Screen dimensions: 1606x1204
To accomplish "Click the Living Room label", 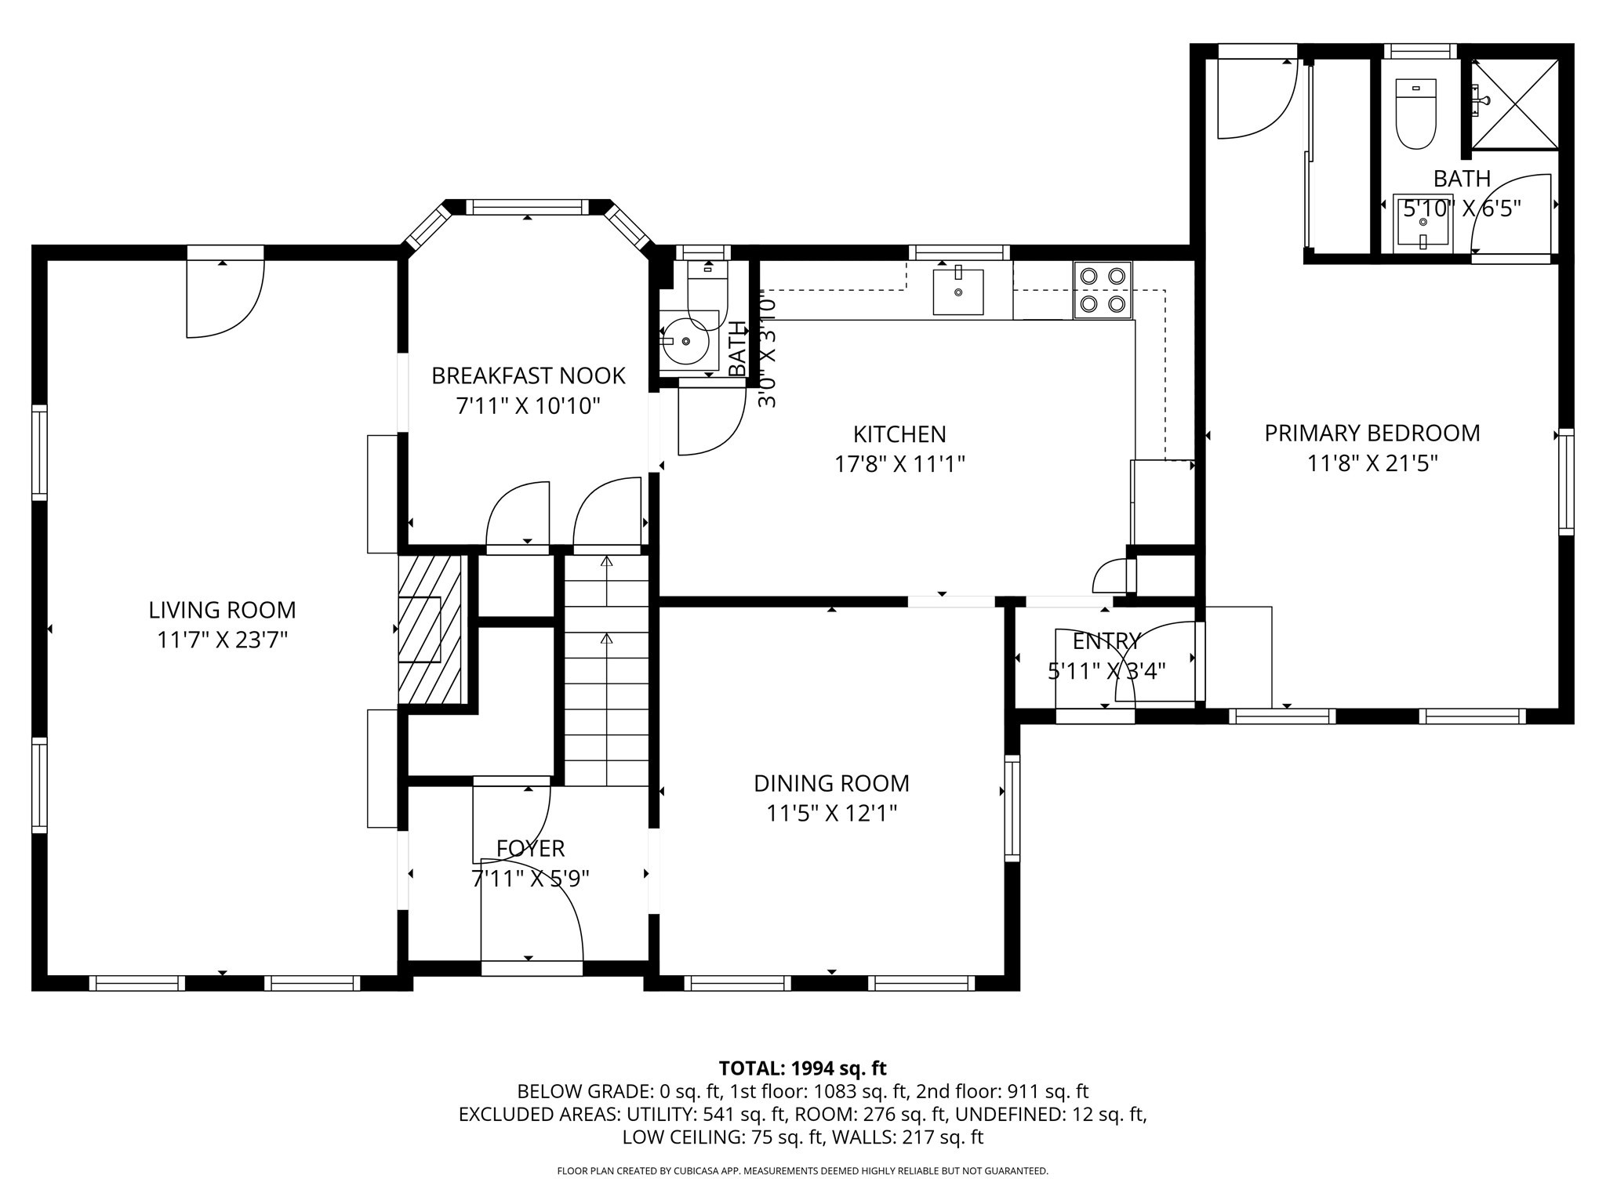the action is pos(223,610).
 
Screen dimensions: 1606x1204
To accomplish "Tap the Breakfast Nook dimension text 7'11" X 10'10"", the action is pos(529,406).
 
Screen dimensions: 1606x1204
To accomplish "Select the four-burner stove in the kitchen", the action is pos(1103,290).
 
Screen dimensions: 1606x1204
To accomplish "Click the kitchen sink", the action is pos(958,292).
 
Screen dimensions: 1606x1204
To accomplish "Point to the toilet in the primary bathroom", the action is pos(1416,114).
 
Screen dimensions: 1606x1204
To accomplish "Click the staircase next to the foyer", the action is pos(606,670).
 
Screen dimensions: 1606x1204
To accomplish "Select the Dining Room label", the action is pos(831,783).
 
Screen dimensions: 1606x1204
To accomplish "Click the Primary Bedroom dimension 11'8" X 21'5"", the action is pos(1372,463).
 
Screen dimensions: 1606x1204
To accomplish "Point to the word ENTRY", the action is pos(1106,641).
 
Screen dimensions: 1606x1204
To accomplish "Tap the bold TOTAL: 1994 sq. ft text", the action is pos(802,1068).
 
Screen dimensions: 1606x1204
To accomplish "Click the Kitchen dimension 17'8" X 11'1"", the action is pos(899,464).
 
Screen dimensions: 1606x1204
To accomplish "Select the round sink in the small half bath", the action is pos(685,341).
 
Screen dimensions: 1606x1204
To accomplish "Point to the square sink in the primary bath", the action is pos(1423,223).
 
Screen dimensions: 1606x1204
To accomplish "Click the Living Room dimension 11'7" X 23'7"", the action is pos(223,640).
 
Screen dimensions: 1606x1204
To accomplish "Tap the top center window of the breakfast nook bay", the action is pos(527,207).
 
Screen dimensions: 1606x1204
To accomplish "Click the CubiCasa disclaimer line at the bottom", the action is pos(802,1171).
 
